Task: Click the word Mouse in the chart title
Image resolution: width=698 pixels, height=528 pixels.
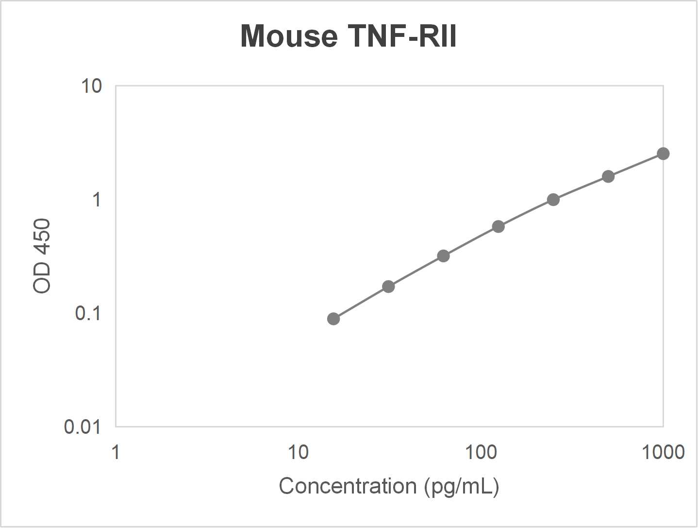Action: (x=289, y=36)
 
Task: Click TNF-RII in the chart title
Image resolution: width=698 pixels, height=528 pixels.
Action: (x=402, y=36)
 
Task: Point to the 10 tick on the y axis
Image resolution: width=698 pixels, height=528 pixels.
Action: (x=91, y=86)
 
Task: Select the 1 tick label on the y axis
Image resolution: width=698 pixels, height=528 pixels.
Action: (x=97, y=200)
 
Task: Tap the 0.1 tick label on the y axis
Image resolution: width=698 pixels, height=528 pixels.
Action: (x=88, y=313)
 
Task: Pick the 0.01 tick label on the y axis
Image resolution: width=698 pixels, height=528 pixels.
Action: (x=83, y=427)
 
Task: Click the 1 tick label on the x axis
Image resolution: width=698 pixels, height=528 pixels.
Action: (x=116, y=452)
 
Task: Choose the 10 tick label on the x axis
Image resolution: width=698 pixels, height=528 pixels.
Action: (x=298, y=452)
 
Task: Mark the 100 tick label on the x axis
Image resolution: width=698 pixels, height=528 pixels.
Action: (x=481, y=452)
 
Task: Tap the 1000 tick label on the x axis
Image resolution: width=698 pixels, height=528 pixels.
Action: (x=663, y=452)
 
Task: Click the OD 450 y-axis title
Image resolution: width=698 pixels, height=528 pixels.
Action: (x=42, y=256)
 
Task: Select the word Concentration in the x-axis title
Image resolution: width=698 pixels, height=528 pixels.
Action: (x=348, y=486)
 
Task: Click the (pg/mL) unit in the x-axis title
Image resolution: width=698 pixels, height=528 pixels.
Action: (x=462, y=486)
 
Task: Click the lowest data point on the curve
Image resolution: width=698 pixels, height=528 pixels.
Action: (x=333, y=319)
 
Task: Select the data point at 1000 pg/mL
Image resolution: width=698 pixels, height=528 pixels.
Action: (x=663, y=153)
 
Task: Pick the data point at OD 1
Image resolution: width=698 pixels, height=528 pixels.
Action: (x=553, y=200)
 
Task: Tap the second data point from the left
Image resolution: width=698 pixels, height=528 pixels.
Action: (x=388, y=287)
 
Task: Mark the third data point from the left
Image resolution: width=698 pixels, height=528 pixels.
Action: (x=443, y=256)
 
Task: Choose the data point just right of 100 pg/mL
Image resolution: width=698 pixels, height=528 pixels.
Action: (x=499, y=226)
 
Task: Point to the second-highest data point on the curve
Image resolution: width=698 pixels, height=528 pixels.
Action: (x=608, y=176)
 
